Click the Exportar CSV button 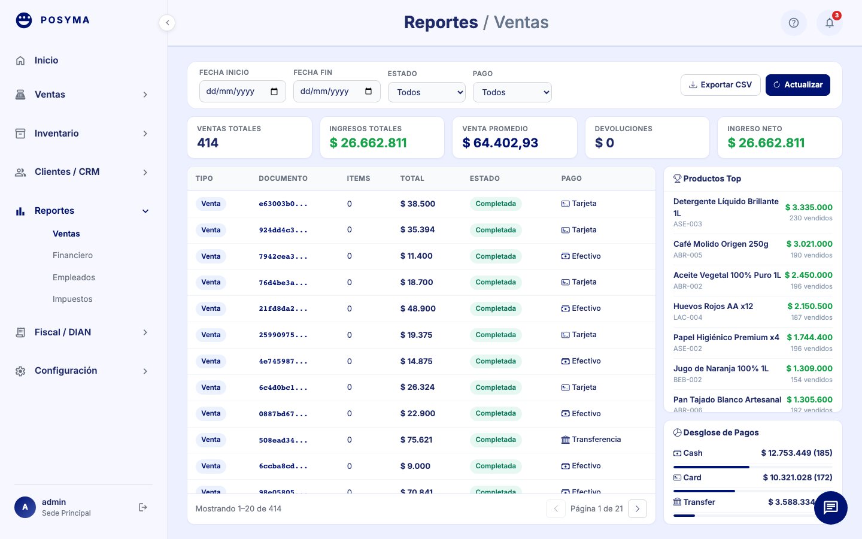pyautogui.click(x=720, y=85)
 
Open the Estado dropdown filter pyautogui.click(x=427, y=92)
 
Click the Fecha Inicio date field pyautogui.click(x=242, y=92)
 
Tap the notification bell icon pyautogui.click(x=829, y=23)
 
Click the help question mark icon pyautogui.click(x=793, y=23)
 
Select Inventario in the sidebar pyautogui.click(x=56, y=134)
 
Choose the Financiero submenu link pyautogui.click(x=72, y=255)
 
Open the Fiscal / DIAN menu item pyautogui.click(x=63, y=332)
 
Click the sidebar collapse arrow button pyautogui.click(x=167, y=23)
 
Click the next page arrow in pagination pyautogui.click(x=637, y=509)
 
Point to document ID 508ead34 pyautogui.click(x=283, y=440)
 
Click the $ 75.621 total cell pyautogui.click(x=416, y=440)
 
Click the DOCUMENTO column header pyautogui.click(x=283, y=178)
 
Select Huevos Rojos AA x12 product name pyautogui.click(x=713, y=306)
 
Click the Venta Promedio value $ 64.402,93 pyautogui.click(x=500, y=143)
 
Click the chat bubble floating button pyautogui.click(x=830, y=508)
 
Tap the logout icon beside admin pyautogui.click(x=142, y=507)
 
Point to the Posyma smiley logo pyautogui.click(x=24, y=20)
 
